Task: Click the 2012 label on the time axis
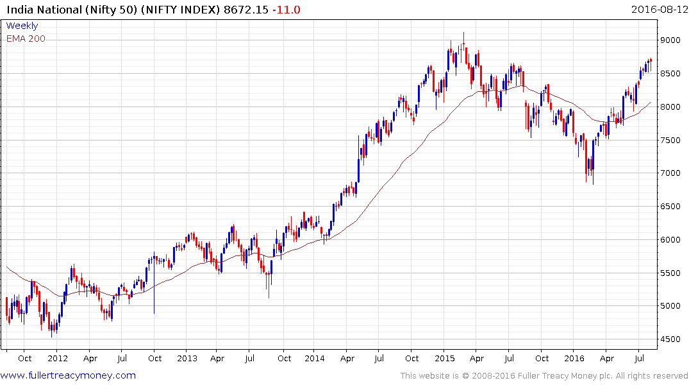pos(58,358)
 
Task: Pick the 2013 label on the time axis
pos(187,358)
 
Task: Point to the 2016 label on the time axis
pos(574,358)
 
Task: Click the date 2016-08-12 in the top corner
pos(658,10)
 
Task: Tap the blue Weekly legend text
pos(22,26)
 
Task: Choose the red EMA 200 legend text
pos(26,38)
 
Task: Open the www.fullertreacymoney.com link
pos(68,375)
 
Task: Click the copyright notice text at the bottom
pos(544,375)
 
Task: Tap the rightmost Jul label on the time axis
pos(639,358)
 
